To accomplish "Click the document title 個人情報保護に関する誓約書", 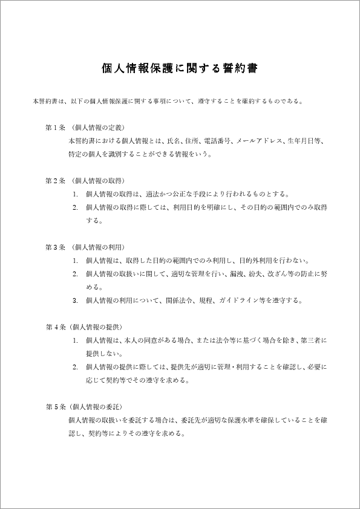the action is pyautogui.click(x=180, y=68).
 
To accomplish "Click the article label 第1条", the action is pyautogui.click(x=54, y=128).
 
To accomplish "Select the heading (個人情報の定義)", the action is pyautogui.click(x=97, y=128).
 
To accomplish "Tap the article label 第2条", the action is pyautogui.click(x=54, y=181).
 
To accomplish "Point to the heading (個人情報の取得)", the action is pyautogui.click(x=97, y=181).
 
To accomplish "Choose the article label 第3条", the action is pyautogui.click(x=54, y=247).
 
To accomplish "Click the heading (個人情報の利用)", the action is pyautogui.click(x=97, y=247).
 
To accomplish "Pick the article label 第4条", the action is pyautogui.click(x=54, y=327).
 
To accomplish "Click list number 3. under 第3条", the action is pyautogui.click(x=75, y=300).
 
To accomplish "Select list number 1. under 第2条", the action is pyautogui.click(x=75, y=194).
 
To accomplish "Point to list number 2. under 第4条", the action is pyautogui.click(x=75, y=367).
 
